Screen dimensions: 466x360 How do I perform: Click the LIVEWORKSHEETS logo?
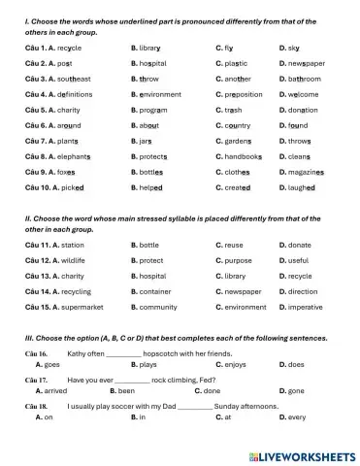click(x=303, y=453)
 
